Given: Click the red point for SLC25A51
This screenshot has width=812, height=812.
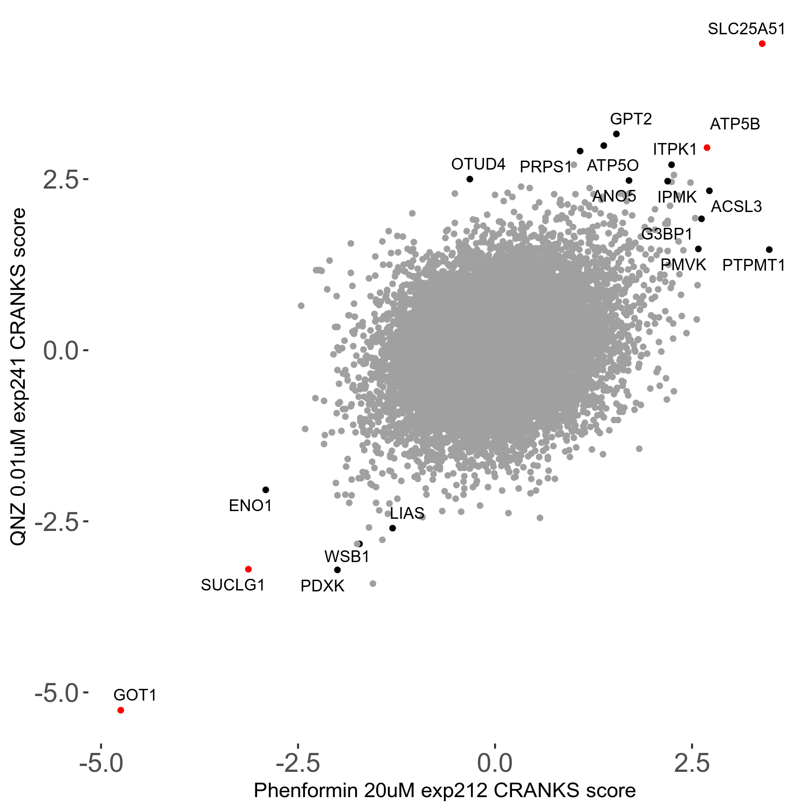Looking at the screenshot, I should tap(762, 44).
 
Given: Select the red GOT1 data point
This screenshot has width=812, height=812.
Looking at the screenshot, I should tap(120, 710).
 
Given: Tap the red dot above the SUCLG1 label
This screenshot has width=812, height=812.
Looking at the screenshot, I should tap(248, 569).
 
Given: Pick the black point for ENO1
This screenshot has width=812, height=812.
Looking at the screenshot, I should tap(266, 490).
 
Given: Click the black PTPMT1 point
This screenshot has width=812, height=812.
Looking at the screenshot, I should tap(769, 250).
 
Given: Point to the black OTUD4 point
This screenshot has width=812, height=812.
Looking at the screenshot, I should tap(470, 179).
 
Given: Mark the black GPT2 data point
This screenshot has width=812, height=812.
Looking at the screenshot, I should tap(616, 134).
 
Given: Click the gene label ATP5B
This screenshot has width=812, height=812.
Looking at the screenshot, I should tap(735, 124).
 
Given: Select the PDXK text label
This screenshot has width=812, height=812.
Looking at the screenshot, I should tap(322, 586).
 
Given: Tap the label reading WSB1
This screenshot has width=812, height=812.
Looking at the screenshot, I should tap(347, 557).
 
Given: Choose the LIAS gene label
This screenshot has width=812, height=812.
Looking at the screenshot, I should tap(407, 513).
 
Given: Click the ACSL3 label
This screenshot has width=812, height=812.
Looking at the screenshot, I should tap(736, 207).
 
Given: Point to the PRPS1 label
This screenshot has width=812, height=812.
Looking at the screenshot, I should tap(545, 167).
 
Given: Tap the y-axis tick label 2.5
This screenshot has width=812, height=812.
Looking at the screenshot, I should tap(60, 180).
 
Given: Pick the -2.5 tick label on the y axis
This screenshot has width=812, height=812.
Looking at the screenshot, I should tap(57, 522).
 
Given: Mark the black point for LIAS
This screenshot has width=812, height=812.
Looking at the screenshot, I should tap(392, 528).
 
